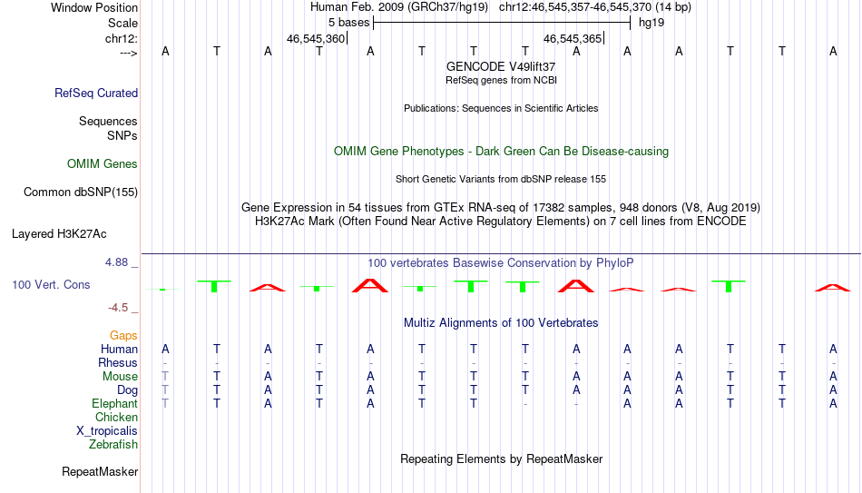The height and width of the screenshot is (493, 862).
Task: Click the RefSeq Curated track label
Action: [x=96, y=93]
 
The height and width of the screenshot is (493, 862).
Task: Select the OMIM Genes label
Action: [x=103, y=164]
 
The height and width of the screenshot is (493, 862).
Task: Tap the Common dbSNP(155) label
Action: [x=81, y=192]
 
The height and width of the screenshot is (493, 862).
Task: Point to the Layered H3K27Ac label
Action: [x=59, y=234]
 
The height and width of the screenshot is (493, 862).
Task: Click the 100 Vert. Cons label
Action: [x=51, y=284]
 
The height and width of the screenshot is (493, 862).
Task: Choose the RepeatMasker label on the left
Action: [x=100, y=471]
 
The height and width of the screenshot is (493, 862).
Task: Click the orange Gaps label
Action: [x=123, y=336]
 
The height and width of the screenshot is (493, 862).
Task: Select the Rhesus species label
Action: [x=118, y=362]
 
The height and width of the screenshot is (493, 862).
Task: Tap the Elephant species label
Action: [x=115, y=404]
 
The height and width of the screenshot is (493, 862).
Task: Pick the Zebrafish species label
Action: [x=113, y=444]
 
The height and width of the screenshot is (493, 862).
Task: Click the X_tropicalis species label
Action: [x=107, y=431]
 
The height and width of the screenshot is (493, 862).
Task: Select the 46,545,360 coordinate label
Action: [x=316, y=38]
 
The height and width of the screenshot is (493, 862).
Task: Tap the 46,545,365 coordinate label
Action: [x=573, y=38]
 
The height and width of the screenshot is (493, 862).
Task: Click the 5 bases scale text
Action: [x=349, y=23]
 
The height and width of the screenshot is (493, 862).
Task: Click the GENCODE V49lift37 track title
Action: [x=501, y=66]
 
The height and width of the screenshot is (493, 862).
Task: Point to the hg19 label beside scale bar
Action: [x=651, y=23]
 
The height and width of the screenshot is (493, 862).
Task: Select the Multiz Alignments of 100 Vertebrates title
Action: [x=501, y=323]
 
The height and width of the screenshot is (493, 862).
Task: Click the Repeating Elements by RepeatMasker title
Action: [x=502, y=458]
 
